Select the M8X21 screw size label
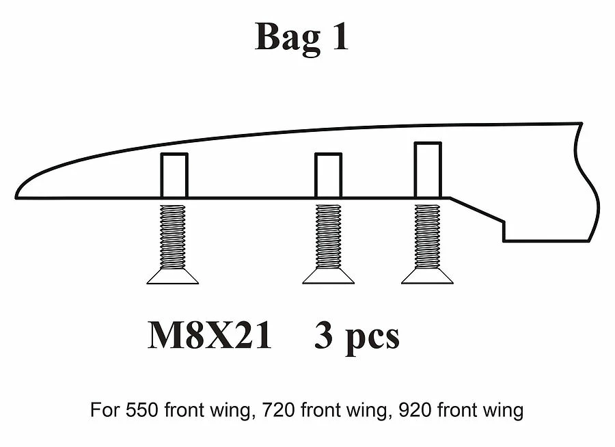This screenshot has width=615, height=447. pos(209,336)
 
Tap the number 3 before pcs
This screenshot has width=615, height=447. pos(325,336)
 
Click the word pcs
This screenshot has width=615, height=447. pos(372,338)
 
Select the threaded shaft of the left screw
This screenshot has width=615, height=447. pos(173,236)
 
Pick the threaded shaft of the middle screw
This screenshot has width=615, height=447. pos(329,236)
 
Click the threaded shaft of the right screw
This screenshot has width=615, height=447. pos(428,236)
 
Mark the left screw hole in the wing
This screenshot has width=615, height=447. pos(174,176)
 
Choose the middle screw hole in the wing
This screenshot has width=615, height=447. pos(328,176)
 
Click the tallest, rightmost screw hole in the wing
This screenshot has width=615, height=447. pos(428,170)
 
